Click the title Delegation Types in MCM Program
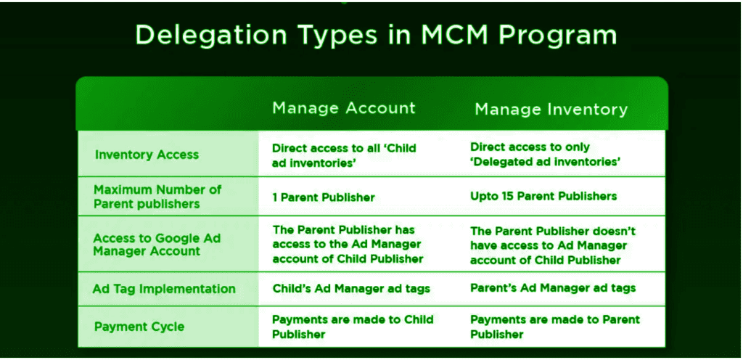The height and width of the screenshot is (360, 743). tap(376, 35)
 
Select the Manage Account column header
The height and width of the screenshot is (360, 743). tap(343, 108)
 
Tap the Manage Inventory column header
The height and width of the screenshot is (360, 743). tap(551, 110)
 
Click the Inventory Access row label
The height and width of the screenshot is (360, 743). tap(147, 155)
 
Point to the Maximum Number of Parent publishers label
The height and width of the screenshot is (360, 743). tap(157, 197)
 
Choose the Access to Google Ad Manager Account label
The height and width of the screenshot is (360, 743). tap(157, 245)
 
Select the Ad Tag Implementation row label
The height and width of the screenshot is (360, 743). tap(164, 289)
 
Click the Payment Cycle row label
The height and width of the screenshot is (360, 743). tap(139, 327)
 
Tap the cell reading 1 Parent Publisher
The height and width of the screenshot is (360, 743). tap(324, 197)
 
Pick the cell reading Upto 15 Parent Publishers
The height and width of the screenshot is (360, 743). tap(543, 196)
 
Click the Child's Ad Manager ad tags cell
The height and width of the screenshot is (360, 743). tap(351, 288)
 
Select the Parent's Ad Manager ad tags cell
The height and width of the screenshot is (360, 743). tap(553, 288)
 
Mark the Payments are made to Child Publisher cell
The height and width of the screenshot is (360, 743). tap(353, 327)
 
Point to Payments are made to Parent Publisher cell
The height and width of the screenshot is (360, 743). tap(555, 327)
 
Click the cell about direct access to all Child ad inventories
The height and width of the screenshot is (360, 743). tap(344, 155)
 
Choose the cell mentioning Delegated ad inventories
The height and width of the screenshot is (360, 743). tap(546, 155)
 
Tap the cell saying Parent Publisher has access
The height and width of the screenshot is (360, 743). tap(348, 245)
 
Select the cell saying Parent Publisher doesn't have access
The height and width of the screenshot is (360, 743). tap(553, 245)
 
